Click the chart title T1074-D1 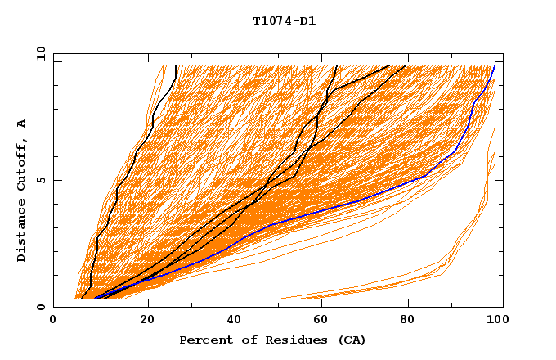pos(285,21)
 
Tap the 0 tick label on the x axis pos(53,321)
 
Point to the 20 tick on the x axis pos(148,321)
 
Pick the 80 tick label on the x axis pos(407,321)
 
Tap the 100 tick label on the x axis pos(495,321)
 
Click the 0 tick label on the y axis pos(40,307)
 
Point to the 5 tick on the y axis pos(40,180)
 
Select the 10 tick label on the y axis pos(40,54)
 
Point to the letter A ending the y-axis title pos(22,124)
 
